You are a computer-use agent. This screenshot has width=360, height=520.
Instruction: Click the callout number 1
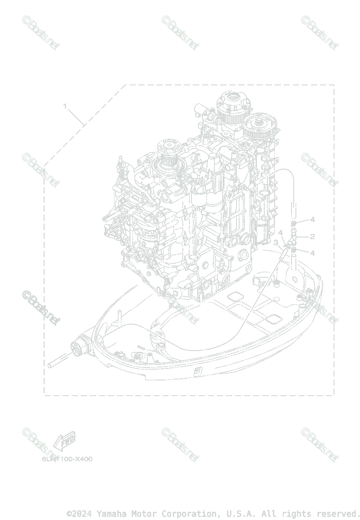point(65,106)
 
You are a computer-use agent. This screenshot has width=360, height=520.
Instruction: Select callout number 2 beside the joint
point(312,237)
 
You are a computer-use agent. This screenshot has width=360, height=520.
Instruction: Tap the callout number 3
point(276,243)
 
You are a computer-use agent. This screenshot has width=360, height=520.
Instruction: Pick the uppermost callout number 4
point(312,220)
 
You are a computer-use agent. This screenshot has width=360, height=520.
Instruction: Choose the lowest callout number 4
point(312,253)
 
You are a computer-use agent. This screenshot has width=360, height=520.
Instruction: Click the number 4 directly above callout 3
point(280,233)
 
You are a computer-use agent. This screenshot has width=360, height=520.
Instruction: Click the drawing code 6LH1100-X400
point(67,459)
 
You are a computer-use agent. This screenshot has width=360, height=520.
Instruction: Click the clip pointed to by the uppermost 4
point(294,223)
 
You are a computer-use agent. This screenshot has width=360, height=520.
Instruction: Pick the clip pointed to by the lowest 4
point(294,250)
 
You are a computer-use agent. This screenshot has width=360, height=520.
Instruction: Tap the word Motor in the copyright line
point(144,513)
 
